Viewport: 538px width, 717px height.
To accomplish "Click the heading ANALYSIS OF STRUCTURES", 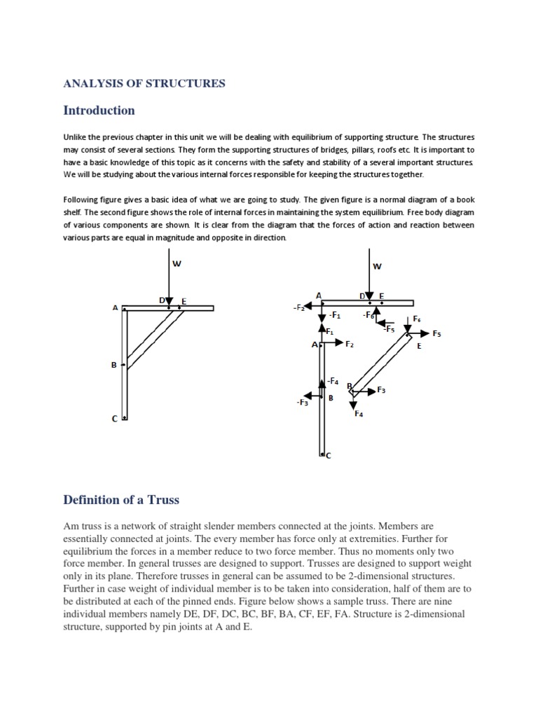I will (x=144, y=83).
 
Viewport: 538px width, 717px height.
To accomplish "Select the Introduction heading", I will (x=99, y=111).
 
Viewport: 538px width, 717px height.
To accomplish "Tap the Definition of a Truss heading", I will (x=121, y=500).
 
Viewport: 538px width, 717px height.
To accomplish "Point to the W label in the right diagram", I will (x=377, y=266).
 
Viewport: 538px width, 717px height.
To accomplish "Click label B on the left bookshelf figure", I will (x=113, y=364).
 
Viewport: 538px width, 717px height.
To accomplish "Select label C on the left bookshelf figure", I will (x=114, y=419).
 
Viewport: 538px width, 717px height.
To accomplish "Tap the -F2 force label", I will (x=298, y=307).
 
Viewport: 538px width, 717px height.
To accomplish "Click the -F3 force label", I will (x=302, y=403).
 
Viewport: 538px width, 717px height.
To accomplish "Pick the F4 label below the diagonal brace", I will (x=359, y=414).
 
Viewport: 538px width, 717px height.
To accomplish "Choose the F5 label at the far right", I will (x=437, y=334).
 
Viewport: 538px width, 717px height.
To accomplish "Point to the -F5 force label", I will (x=389, y=328).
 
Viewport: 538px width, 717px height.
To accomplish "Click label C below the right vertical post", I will (x=328, y=455).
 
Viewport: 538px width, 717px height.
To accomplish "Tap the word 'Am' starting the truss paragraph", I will (x=71, y=526).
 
